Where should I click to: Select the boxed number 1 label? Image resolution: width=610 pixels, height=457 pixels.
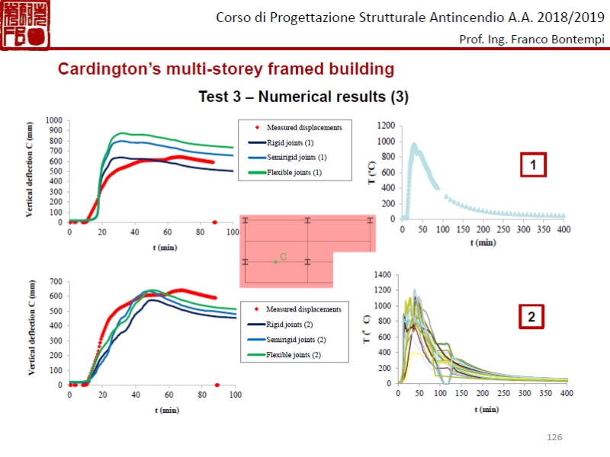point(534,165)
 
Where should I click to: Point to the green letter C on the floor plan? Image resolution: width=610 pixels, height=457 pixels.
point(283,257)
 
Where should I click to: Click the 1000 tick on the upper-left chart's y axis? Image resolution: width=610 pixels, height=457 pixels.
point(54,120)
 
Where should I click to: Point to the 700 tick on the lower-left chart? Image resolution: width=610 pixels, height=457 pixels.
point(56,282)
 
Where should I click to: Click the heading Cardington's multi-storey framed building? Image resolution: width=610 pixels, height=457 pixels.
point(226,69)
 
